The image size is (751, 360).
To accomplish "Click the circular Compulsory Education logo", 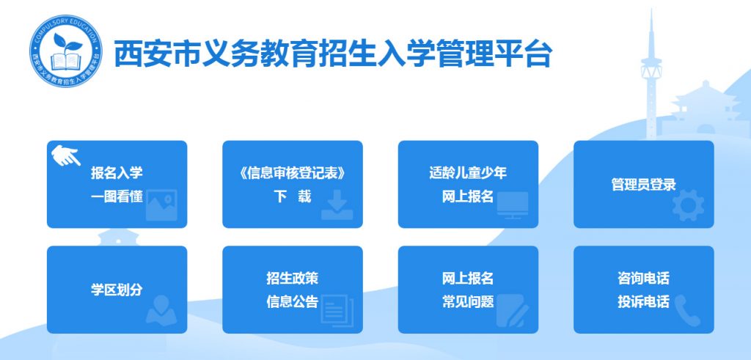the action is point(66,51).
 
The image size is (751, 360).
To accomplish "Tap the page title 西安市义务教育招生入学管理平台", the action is point(334,54).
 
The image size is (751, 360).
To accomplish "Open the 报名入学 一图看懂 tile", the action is point(117,184).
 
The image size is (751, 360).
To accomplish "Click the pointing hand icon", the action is point(66,155).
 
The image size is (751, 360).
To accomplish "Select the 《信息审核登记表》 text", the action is point(292,173).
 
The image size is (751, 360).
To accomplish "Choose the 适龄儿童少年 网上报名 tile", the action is point(468,184).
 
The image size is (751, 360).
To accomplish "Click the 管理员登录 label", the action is point(643,185).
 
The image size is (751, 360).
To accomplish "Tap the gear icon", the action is point(688,205).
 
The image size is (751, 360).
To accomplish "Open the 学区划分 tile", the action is point(117,290).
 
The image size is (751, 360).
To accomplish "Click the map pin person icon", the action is point(161,311).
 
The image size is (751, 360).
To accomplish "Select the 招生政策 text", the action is point(292,278).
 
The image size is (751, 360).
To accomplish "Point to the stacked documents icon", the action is point(337,311).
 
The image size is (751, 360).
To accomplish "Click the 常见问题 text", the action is point(468,302).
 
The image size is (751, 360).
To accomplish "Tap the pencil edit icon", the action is point(513,311).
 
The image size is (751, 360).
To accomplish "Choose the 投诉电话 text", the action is point(643,302).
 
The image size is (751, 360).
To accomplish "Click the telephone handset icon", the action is point(688,311).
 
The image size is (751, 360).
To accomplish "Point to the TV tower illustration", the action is point(651,74).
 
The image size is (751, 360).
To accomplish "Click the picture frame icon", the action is point(161,205).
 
